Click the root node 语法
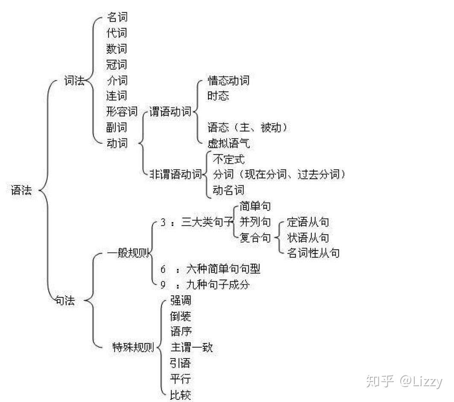coord(21,191)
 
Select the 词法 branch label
coord(74,80)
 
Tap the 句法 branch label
coord(65,300)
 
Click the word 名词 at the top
coord(117,17)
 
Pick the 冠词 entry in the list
coord(117,65)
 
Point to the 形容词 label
coord(122,112)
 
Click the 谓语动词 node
coord(170,112)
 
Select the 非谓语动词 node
coord(176,174)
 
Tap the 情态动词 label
coord(228,80)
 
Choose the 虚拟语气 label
coord(228,143)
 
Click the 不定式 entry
coord(228,160)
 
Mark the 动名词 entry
coord(228,190)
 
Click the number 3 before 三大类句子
coord(163,222)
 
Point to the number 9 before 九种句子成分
coord(163,285)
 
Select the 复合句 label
coord(255,238)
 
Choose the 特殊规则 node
coord(133,347)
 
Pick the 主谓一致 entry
coord(192,347)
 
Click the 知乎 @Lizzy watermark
coord(404,381)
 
